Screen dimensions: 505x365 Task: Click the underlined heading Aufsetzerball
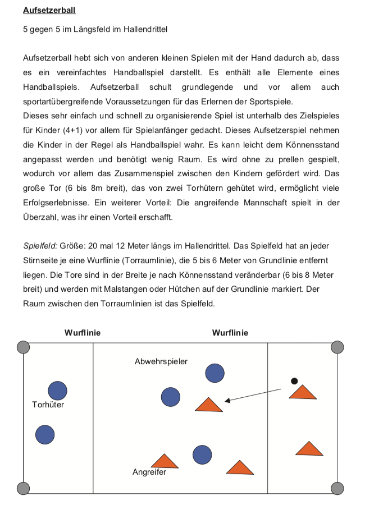tap(49, 10)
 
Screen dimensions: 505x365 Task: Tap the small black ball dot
tap(294, 381)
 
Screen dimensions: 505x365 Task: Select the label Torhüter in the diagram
tap(48, 404)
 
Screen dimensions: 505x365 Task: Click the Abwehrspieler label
tap(161, 361)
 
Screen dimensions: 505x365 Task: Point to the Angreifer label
tap(149, 472)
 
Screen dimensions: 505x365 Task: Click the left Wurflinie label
tap(83, 333)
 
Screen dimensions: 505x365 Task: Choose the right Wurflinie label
tap(230, 333)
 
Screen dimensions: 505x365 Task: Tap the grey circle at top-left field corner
tap(23, 347)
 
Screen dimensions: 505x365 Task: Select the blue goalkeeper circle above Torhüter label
tap(57, 391)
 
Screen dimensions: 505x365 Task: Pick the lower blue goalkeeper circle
tap(45, 434)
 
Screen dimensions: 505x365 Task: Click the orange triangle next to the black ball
tap(303, 392)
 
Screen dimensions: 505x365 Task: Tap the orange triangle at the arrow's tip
tap(208, 405)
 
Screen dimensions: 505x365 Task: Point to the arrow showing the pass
tap(253, 394)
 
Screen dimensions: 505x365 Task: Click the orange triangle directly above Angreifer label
tap(165, 461)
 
